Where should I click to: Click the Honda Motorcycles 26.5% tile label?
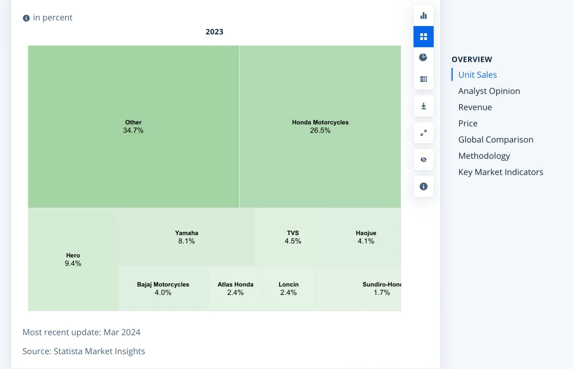coord(320,127)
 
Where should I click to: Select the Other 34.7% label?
coord(133,127)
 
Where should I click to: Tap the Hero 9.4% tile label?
coord(73,260)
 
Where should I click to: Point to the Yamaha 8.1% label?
coord(187,237)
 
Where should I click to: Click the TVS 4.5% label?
coord(293,237)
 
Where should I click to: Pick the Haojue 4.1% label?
coord(366,237)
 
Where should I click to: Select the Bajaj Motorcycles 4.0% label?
coord(163,289)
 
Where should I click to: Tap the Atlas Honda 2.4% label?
coord(235,289)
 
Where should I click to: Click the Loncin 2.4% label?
coord(289,289)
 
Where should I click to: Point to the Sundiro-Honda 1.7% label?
coord(382,289)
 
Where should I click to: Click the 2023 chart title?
coord(215,32)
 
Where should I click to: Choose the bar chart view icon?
coord(424,16)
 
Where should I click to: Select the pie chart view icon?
coord(423,57)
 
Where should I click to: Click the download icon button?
coord(424,106)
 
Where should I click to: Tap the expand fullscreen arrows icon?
coord(424,133)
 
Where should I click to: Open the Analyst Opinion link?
coord(489,91)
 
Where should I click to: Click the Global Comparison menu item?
coord(496,140)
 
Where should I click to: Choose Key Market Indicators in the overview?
coord(501,172)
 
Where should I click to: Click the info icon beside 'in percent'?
coord(26,18)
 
